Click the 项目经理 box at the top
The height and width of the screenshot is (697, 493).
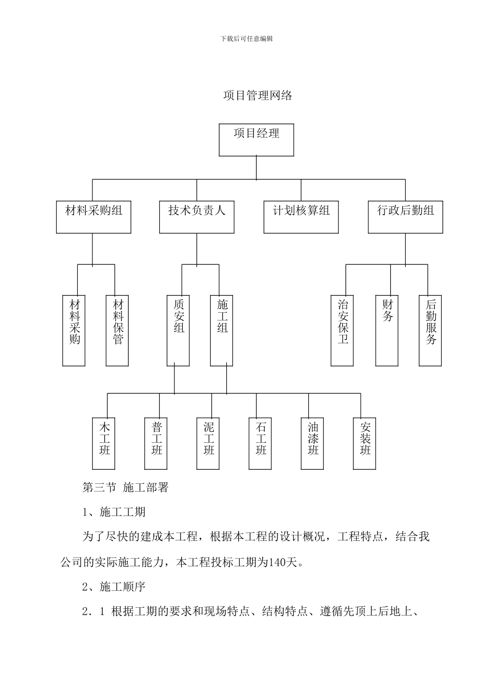point(256,140)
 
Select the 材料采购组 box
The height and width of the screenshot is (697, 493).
point(93,217)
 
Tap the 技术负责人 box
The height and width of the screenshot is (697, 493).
point(197,217)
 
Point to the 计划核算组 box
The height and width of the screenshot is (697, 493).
point(301,217)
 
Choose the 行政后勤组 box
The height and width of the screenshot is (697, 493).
point(405,217)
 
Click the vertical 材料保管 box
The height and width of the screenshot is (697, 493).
point(117,330)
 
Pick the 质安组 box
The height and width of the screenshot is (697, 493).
point(178,330)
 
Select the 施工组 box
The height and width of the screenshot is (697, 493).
point(222,330)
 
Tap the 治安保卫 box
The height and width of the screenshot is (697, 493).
point(343,330)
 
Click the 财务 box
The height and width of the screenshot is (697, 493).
point(387,330)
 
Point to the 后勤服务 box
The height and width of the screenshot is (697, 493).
point(431,330)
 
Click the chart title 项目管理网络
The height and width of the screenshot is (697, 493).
point(257,95)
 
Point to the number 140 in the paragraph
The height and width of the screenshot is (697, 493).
point(279,562)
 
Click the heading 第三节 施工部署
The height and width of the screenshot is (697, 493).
point(126,487)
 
